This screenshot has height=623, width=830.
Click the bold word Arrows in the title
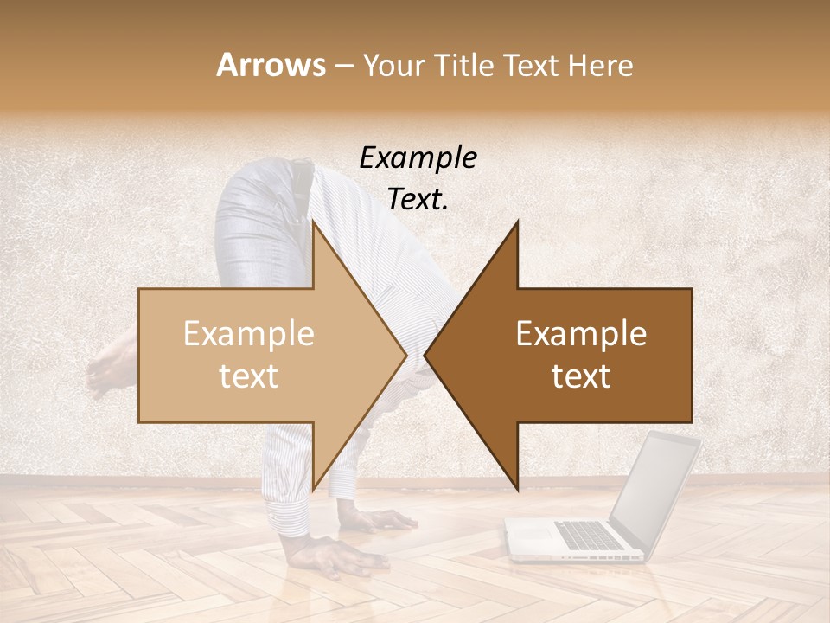[x=271, y=65]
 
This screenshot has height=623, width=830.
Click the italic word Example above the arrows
[x=418, y=157]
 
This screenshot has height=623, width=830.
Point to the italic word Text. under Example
[x=418, y=200]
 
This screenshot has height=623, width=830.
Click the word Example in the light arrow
[x=249, y=334]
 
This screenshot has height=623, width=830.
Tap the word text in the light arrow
[x=249, y=376]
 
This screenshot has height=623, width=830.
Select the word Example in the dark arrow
[x=581, y=334]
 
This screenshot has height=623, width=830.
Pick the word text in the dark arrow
[x=581, y=376]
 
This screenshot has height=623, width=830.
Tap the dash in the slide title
[x=344, y=66]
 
